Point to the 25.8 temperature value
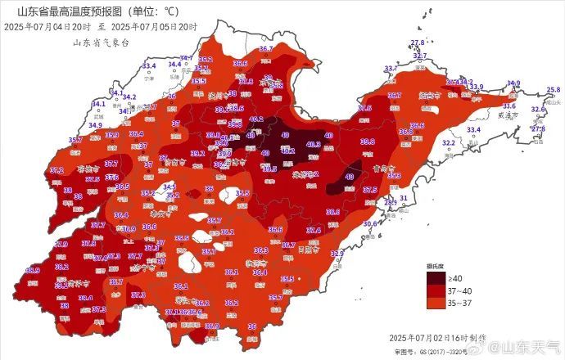(x=554, y=89)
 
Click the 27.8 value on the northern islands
(x=418, y=42)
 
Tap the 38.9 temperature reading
(x=33, y=270)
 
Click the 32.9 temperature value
(x=337, y=254)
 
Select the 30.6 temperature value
(x=369, y=223)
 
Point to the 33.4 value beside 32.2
(x=473, y=130)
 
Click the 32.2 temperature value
(x=449, y=142)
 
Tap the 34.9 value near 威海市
(x=513, y=83)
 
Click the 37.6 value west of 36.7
(x=364, y=108)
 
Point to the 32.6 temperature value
(x=538, y=109)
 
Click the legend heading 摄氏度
(x=434, y=267)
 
